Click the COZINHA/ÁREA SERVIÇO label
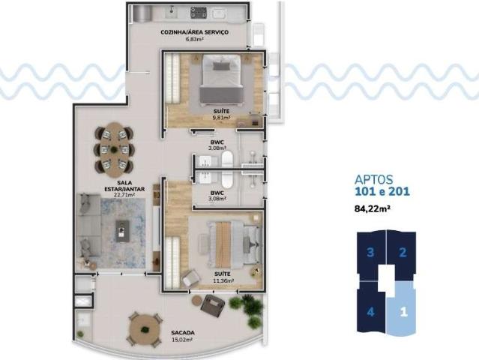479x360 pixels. tap(194, 34)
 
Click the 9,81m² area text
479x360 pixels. tap(220, 117)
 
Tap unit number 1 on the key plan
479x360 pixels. tap(403, 309)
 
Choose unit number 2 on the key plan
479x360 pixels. tap(403, 252)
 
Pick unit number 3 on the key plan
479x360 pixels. tap(370, 252)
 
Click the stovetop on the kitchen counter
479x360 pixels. tap(199, 12)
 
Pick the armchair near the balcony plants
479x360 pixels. tap(214, 307)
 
